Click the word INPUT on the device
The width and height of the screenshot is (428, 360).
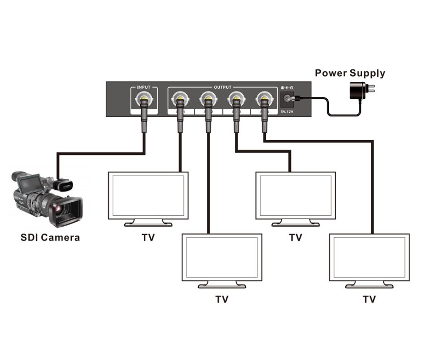[x=144, y=87]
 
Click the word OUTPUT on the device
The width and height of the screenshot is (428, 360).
[x=223, y=87]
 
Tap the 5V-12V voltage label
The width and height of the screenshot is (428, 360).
[x=288, y=111]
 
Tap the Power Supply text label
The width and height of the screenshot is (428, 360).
[x=350, y=73]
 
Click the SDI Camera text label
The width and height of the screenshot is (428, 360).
[x=50, y=238]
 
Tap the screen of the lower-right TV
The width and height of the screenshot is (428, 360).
[x=369, y=257]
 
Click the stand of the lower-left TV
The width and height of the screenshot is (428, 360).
[x=222, y=285]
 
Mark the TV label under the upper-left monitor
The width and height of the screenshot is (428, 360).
[x=148, y=238]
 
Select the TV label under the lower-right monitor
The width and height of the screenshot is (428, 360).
[x=369, y=299]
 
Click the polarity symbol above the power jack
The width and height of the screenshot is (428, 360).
[x=287, y=87]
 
